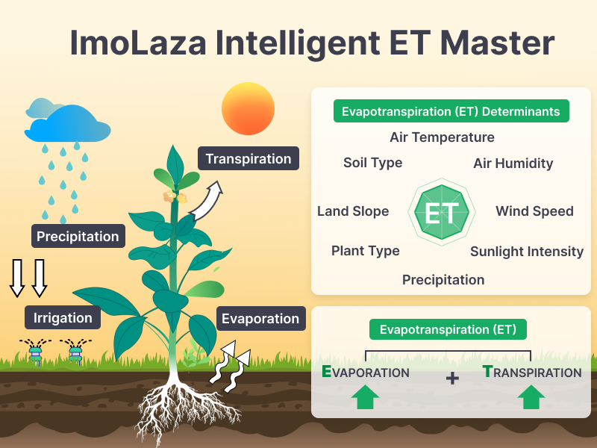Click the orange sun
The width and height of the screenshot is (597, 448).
point(248,108)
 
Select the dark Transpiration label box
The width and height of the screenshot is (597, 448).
point(249,158)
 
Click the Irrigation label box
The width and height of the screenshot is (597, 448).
point(63,317)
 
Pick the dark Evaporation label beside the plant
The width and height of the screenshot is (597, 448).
point(260,319)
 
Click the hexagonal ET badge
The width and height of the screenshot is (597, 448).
point(442,212)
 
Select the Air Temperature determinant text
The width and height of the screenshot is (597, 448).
point(442,137)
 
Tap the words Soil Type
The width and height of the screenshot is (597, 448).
point(372,163)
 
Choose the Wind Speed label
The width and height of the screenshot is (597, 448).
point(534,211)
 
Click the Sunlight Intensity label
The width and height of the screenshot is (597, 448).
point(527,252)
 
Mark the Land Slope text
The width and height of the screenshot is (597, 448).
point(353,211)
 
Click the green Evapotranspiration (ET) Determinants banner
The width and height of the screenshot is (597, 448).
point(451,111)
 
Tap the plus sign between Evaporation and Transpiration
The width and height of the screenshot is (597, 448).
point(452,379)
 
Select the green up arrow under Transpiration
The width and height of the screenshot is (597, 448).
point(531,396)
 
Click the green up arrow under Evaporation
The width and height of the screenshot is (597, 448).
point(365,396)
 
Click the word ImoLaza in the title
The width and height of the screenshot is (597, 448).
point(138,43)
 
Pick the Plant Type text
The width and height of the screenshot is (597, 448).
point(366,251)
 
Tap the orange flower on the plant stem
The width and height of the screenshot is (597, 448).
point(175,197)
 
